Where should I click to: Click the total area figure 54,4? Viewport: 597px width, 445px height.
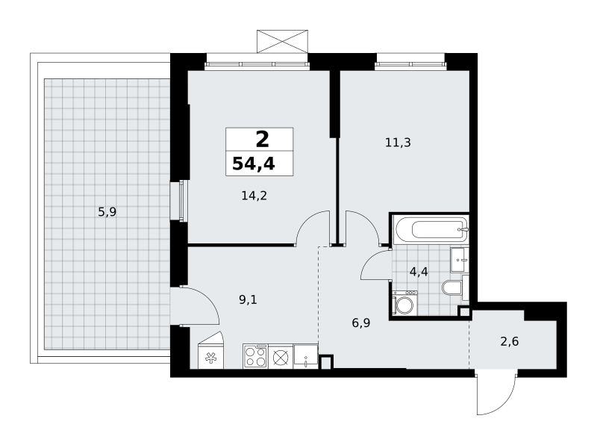(254, 164)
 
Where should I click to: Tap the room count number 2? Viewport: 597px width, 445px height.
(263, 140)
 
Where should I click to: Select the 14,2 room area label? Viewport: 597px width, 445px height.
(254, 196)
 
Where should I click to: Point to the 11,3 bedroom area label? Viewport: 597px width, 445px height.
(398, 143)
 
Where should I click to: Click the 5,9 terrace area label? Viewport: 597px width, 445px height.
(107, 212)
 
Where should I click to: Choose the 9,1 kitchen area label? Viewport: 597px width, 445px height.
(249, 300)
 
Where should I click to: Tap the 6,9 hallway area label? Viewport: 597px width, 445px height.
(361, 323)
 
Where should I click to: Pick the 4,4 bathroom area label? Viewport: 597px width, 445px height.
(419, 272)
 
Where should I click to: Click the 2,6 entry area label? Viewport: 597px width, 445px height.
(510, 341)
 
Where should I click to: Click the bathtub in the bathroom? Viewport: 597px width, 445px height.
(431, 229)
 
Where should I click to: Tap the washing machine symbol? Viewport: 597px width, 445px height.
(404, 303)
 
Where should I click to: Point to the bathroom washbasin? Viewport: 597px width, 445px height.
(460, 260)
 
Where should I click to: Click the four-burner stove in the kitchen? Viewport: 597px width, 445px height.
(255, 356)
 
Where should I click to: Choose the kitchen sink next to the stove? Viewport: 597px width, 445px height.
(306, 356)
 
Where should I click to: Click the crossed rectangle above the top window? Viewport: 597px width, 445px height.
(282, 41)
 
